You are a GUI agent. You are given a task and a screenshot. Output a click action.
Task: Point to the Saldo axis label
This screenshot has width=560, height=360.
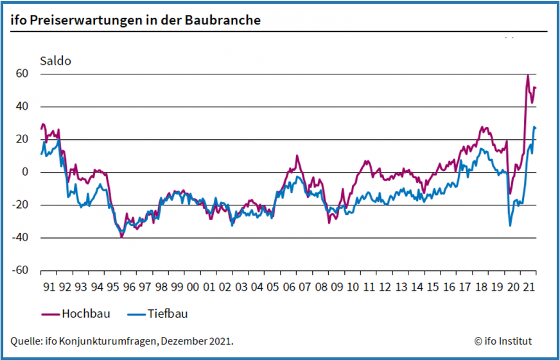[55, 62]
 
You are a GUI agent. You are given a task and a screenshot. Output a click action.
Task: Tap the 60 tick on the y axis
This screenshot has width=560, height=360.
[22, 74]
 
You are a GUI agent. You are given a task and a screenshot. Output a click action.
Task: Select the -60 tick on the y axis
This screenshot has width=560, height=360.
[21, 270]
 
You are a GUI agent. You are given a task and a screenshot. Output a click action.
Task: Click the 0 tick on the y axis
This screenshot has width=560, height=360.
[26, 172]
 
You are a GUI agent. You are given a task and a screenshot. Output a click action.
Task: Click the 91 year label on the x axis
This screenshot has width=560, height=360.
[49, 287]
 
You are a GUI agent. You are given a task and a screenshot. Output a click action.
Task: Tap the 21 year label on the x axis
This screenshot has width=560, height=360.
[529, 287]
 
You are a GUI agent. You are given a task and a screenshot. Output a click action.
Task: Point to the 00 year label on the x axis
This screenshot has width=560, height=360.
[193, 287]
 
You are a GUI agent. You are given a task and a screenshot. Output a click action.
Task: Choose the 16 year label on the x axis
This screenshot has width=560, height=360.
[449, 287]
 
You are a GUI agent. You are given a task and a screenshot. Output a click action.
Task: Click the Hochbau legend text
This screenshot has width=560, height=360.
[86, 314]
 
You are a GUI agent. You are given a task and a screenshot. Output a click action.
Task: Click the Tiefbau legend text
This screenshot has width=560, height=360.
[168, 314]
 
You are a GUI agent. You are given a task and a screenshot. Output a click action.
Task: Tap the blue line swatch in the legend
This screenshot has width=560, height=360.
[136, 314]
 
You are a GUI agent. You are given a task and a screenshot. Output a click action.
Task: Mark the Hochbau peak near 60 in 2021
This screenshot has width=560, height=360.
[528, 76]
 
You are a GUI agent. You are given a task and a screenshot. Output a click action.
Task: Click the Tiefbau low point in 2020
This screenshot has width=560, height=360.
[511, 225]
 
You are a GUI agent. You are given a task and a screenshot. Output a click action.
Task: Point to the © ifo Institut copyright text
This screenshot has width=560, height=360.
[503, 341]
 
